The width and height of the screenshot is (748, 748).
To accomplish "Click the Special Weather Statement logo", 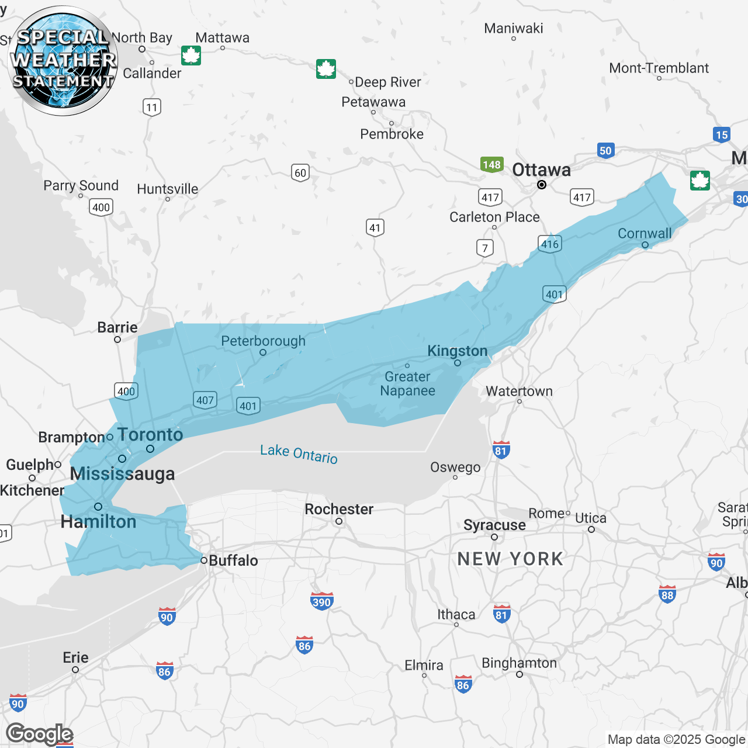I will tap(63, 61).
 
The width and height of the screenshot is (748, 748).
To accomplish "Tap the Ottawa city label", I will tap(541, 170).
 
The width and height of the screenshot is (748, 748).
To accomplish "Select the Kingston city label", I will tap(457, 351).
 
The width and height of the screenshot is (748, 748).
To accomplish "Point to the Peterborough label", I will tap(263, 341).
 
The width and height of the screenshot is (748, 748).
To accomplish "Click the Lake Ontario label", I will tap(299, 453).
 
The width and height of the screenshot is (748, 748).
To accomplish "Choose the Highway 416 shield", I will tap(549, 244).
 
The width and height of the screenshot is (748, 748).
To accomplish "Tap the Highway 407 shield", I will tap(205, 400).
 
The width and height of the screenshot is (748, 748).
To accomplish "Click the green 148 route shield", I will tap(491, 165).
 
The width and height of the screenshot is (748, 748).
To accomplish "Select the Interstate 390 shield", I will tap(321, 601).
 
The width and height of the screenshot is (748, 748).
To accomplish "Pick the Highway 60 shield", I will tap(300, 173).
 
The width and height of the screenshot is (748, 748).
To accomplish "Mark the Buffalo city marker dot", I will tap(204, 560).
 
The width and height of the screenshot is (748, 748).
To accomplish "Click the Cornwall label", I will tap(645, 233).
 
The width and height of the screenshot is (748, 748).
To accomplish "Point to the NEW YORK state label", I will tap(510, 559).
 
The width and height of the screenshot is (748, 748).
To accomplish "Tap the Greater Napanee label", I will tap(407, 384).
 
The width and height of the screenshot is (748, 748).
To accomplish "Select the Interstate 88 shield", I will tap(667, 595).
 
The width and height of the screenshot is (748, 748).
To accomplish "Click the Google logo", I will tap(39, 734).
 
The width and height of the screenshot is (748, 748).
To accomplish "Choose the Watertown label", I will tap(519, 391).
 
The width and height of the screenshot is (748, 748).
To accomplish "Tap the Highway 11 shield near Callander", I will tap(152, 107).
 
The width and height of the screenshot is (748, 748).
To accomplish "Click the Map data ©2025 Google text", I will tap(676, 740).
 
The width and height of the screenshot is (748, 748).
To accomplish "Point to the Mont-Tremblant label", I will tap(659, 68).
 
